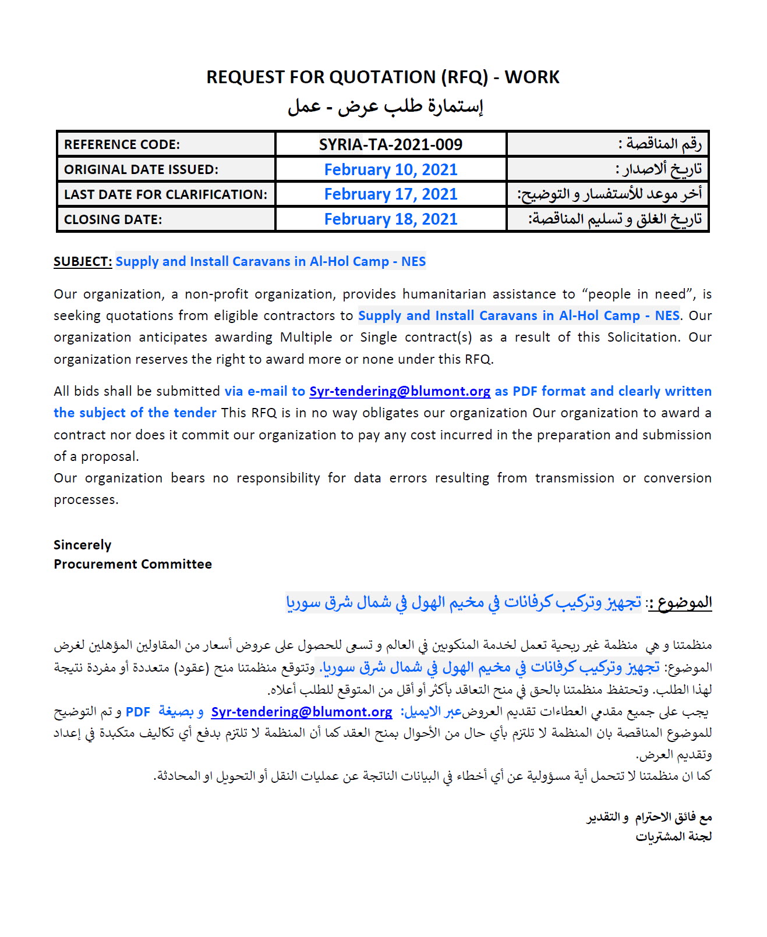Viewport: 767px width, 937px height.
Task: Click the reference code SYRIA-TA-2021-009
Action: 390,144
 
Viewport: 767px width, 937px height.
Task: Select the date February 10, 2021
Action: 390,169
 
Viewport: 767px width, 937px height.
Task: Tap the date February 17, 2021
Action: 390,194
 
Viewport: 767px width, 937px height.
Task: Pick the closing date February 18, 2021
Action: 390,219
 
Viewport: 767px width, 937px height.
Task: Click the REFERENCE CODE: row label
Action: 122,144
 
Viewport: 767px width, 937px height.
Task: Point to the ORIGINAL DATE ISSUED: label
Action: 141,169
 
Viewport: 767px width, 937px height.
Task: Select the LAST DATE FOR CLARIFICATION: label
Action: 165,194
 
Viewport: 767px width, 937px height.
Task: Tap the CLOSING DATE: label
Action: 113,219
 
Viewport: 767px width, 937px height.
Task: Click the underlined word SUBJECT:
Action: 83,262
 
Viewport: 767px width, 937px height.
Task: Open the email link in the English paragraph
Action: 400,392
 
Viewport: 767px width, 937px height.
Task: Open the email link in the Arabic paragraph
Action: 301,712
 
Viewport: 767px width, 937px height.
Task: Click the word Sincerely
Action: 82,545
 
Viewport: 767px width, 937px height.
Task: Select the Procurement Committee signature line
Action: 133,564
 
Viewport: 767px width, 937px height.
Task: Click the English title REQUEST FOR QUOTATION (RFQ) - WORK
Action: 383,77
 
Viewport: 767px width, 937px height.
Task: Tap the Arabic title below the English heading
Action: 385,107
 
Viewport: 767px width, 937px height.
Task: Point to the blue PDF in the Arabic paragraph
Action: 138,712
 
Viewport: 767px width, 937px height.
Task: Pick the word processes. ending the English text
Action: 86,500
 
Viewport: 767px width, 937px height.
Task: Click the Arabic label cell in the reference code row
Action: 660,144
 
